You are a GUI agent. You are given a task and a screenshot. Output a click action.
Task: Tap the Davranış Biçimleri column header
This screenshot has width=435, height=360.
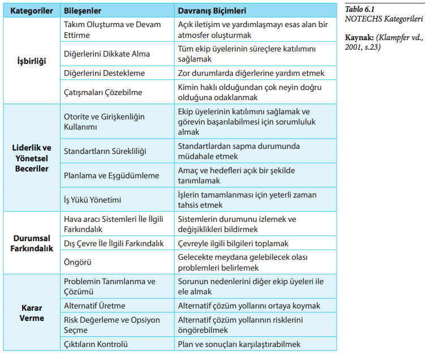tap(212, 11)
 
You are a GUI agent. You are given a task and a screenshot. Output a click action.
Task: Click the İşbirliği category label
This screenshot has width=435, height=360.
tap(31, 61)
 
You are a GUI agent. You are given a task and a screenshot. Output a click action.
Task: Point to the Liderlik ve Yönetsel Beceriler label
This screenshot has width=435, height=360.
tap(31, 158)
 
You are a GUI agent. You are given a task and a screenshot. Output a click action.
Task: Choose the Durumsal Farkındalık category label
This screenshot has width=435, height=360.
tap(31, 243)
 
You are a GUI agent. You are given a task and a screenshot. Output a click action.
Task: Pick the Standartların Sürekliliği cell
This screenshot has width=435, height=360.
tap(105, 151)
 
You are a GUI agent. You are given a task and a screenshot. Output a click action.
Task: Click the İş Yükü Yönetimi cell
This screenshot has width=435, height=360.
tap(93, 199)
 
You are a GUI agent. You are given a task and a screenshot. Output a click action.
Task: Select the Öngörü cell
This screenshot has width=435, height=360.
tap(77, 263)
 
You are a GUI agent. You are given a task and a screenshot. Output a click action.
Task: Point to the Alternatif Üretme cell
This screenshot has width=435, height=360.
tap(94, 306)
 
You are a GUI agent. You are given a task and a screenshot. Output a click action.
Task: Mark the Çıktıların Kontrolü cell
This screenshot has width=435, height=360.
tap(96, 344)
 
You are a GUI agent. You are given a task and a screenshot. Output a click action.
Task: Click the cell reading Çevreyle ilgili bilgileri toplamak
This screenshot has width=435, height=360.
tap(233, 243)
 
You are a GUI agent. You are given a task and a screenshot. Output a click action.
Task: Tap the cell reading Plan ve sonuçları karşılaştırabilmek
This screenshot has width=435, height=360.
tap(239, 344)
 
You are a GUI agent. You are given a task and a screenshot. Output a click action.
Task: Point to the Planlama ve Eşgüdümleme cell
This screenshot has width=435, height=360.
tap(111, 175)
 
